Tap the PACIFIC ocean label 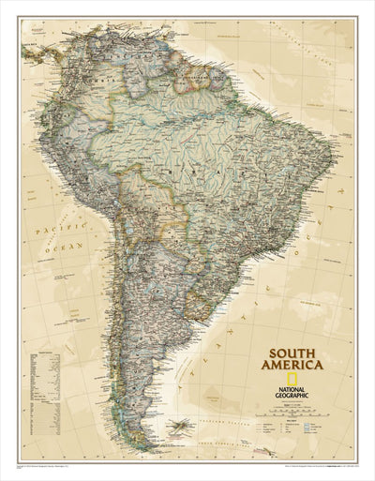tap(44, 228)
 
